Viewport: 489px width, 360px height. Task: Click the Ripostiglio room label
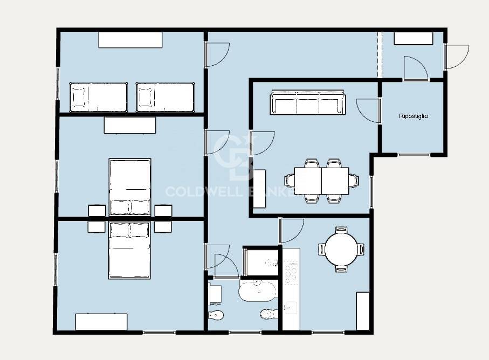[413, 116]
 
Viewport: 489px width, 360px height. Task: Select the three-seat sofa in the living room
[307, 102]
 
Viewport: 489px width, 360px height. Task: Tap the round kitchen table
[341, 250]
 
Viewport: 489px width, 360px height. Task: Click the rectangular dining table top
[321, 181]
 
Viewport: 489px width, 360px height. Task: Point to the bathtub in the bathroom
[258, 291]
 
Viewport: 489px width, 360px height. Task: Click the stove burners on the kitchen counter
[291, 273]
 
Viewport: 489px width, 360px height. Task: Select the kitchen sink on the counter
[291, 308]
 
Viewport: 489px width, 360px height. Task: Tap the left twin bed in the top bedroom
[99, 97]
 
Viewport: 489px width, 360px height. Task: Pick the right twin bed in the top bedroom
[166, 97]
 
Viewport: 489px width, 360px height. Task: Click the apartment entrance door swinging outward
[457, 57]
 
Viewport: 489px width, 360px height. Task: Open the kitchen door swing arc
[292, 231]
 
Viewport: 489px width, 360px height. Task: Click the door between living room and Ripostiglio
[368, 111]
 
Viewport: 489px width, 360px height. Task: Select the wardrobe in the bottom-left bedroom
[101, 322]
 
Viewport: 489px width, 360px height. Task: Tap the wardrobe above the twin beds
[130, 39]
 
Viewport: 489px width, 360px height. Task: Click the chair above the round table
[341, 230]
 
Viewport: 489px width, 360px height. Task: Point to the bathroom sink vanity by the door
[215, 294]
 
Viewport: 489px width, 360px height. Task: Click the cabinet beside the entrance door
[414, 38]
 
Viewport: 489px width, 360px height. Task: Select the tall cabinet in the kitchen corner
[363, 311]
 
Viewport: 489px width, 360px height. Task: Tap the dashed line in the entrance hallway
[380, 54]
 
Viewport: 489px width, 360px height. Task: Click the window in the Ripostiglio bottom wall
[414, 155]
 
